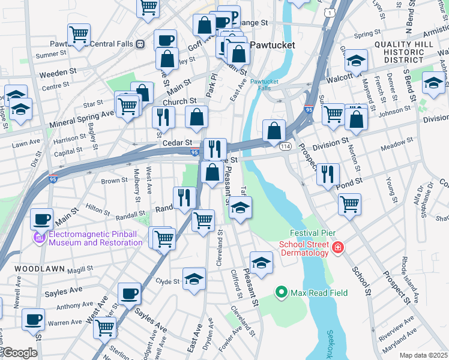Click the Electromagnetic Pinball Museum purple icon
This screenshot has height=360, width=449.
40,239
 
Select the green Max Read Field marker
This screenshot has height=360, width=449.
281,293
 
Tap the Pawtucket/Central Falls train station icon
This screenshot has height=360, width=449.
140,44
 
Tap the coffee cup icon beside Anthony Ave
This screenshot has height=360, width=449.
129,293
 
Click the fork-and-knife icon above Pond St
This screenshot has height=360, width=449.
328,174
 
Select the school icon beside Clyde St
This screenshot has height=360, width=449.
194,279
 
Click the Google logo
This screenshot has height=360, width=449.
20,353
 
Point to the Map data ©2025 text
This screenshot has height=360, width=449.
423,355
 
